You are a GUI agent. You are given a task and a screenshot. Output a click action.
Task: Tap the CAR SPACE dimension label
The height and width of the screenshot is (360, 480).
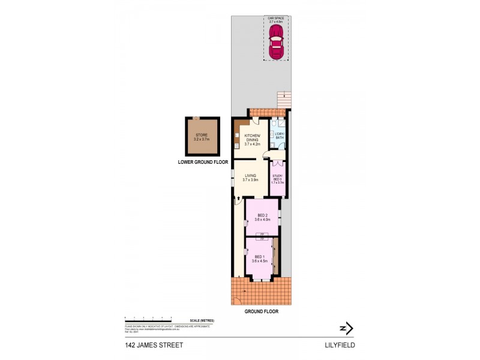pos(276,20)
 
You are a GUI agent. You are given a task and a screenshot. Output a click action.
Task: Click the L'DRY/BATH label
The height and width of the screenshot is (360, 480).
pos(278,136)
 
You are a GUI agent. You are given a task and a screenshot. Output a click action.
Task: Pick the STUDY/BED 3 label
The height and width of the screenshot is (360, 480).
pos(277,178)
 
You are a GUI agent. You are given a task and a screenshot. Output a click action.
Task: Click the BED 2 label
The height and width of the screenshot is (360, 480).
pos(262,217)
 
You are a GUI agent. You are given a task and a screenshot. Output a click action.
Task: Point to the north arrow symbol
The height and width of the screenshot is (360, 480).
pos(346,328)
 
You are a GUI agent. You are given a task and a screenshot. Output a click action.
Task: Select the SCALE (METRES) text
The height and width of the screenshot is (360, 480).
pos(201,320)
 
